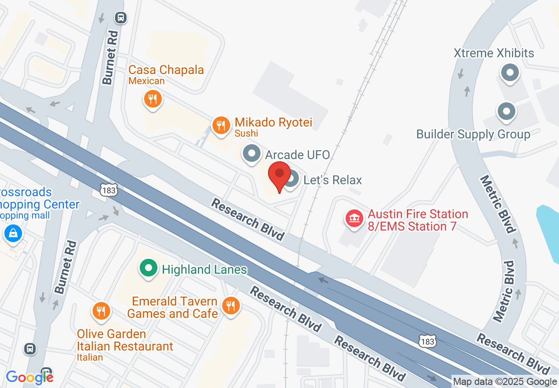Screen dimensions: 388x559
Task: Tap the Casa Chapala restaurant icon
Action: tap(153, 99)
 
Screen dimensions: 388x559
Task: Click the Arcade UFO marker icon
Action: tap(252, 154)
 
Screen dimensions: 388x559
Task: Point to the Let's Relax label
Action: tap(332, 180)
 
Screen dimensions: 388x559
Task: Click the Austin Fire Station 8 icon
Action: tap(354, 218)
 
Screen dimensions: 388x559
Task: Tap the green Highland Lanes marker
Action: tap(149, 268)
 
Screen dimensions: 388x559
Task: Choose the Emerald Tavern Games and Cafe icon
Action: tap(230, 305)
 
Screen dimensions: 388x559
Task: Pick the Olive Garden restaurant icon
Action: tap(101, 311)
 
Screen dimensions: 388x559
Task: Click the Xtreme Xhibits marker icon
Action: tap(510, 72)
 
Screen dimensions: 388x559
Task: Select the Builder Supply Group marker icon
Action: tap(507, 112)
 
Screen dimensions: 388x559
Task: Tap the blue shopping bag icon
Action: tap(13, 233)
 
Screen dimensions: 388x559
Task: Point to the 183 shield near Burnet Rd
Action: tap(108, 190)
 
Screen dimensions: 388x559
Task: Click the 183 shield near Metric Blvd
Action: tap(427, 341)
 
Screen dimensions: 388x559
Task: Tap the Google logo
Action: tap(30, 377)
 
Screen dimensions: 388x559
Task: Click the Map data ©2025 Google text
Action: tap(505, 382)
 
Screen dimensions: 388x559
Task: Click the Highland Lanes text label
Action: tap(204, 269)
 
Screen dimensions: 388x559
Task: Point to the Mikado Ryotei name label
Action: tap(273, 122)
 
